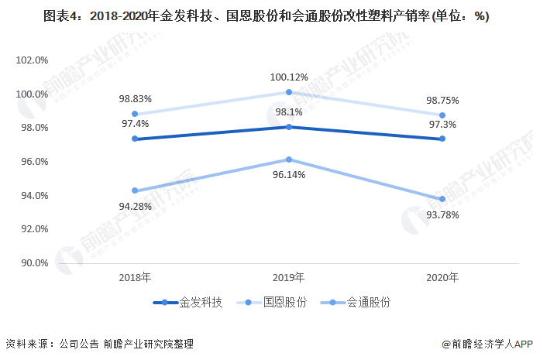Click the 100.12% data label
coord(289,77)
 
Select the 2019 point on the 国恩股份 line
coord(289,92)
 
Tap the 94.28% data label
coord(136,206)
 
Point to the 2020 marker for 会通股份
coord(442,199)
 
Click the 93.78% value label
coord(442,214)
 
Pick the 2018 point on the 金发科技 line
coord(135,139)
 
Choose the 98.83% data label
coord(136,99)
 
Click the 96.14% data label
coord(289,175)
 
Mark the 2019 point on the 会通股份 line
coord(289,159)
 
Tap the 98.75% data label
coord(442,100)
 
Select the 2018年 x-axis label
coord(135,277)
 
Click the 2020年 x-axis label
coord(442,277)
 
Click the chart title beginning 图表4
coord(266,15)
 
